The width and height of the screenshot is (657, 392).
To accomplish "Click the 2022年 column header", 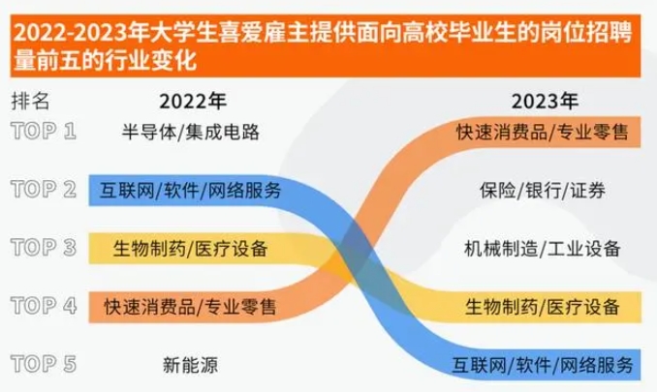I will pyautogui.click(x=193, y=100).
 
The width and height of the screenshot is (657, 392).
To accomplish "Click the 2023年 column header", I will pyautogui.click(x=543, y=100).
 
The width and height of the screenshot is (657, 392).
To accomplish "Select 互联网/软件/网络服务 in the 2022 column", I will pyautogui.click(x=190, y=190).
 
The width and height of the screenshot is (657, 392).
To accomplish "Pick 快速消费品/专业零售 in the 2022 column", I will pyautogui.click(x=190, y=307).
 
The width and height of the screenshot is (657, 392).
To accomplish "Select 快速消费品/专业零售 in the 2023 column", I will pyautogui.click(x=543, y=132).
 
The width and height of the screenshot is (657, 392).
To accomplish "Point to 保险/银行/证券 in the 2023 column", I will pyautogui.click(x=543, y=190).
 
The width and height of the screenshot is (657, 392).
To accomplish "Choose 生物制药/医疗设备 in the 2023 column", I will pyautogui.click(x=543, y=307).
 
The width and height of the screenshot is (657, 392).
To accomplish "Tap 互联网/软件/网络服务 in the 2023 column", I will pyautogui.click(x=543, y=365).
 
